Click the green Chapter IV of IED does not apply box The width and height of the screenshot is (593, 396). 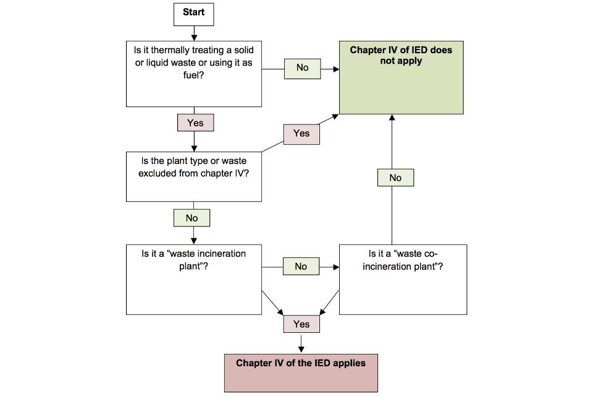(401, 78)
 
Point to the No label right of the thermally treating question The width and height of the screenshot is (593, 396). (302, 67)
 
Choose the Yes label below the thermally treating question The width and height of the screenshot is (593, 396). (195, 123)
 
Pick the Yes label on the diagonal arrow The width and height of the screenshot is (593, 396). (301, 134)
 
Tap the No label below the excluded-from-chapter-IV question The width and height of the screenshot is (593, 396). (191, 218)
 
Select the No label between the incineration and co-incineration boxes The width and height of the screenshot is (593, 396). (301, 267)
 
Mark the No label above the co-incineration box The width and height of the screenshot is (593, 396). (395, 178)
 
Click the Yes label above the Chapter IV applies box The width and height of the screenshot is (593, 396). (301, 324)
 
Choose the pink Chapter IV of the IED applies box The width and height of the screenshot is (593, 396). (301, 372)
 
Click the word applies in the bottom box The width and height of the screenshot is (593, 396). (349, 363)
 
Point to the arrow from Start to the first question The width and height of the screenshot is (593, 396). (194, 33)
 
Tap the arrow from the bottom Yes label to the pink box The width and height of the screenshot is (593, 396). (301, 343)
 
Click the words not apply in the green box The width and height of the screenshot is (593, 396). (401, 61)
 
